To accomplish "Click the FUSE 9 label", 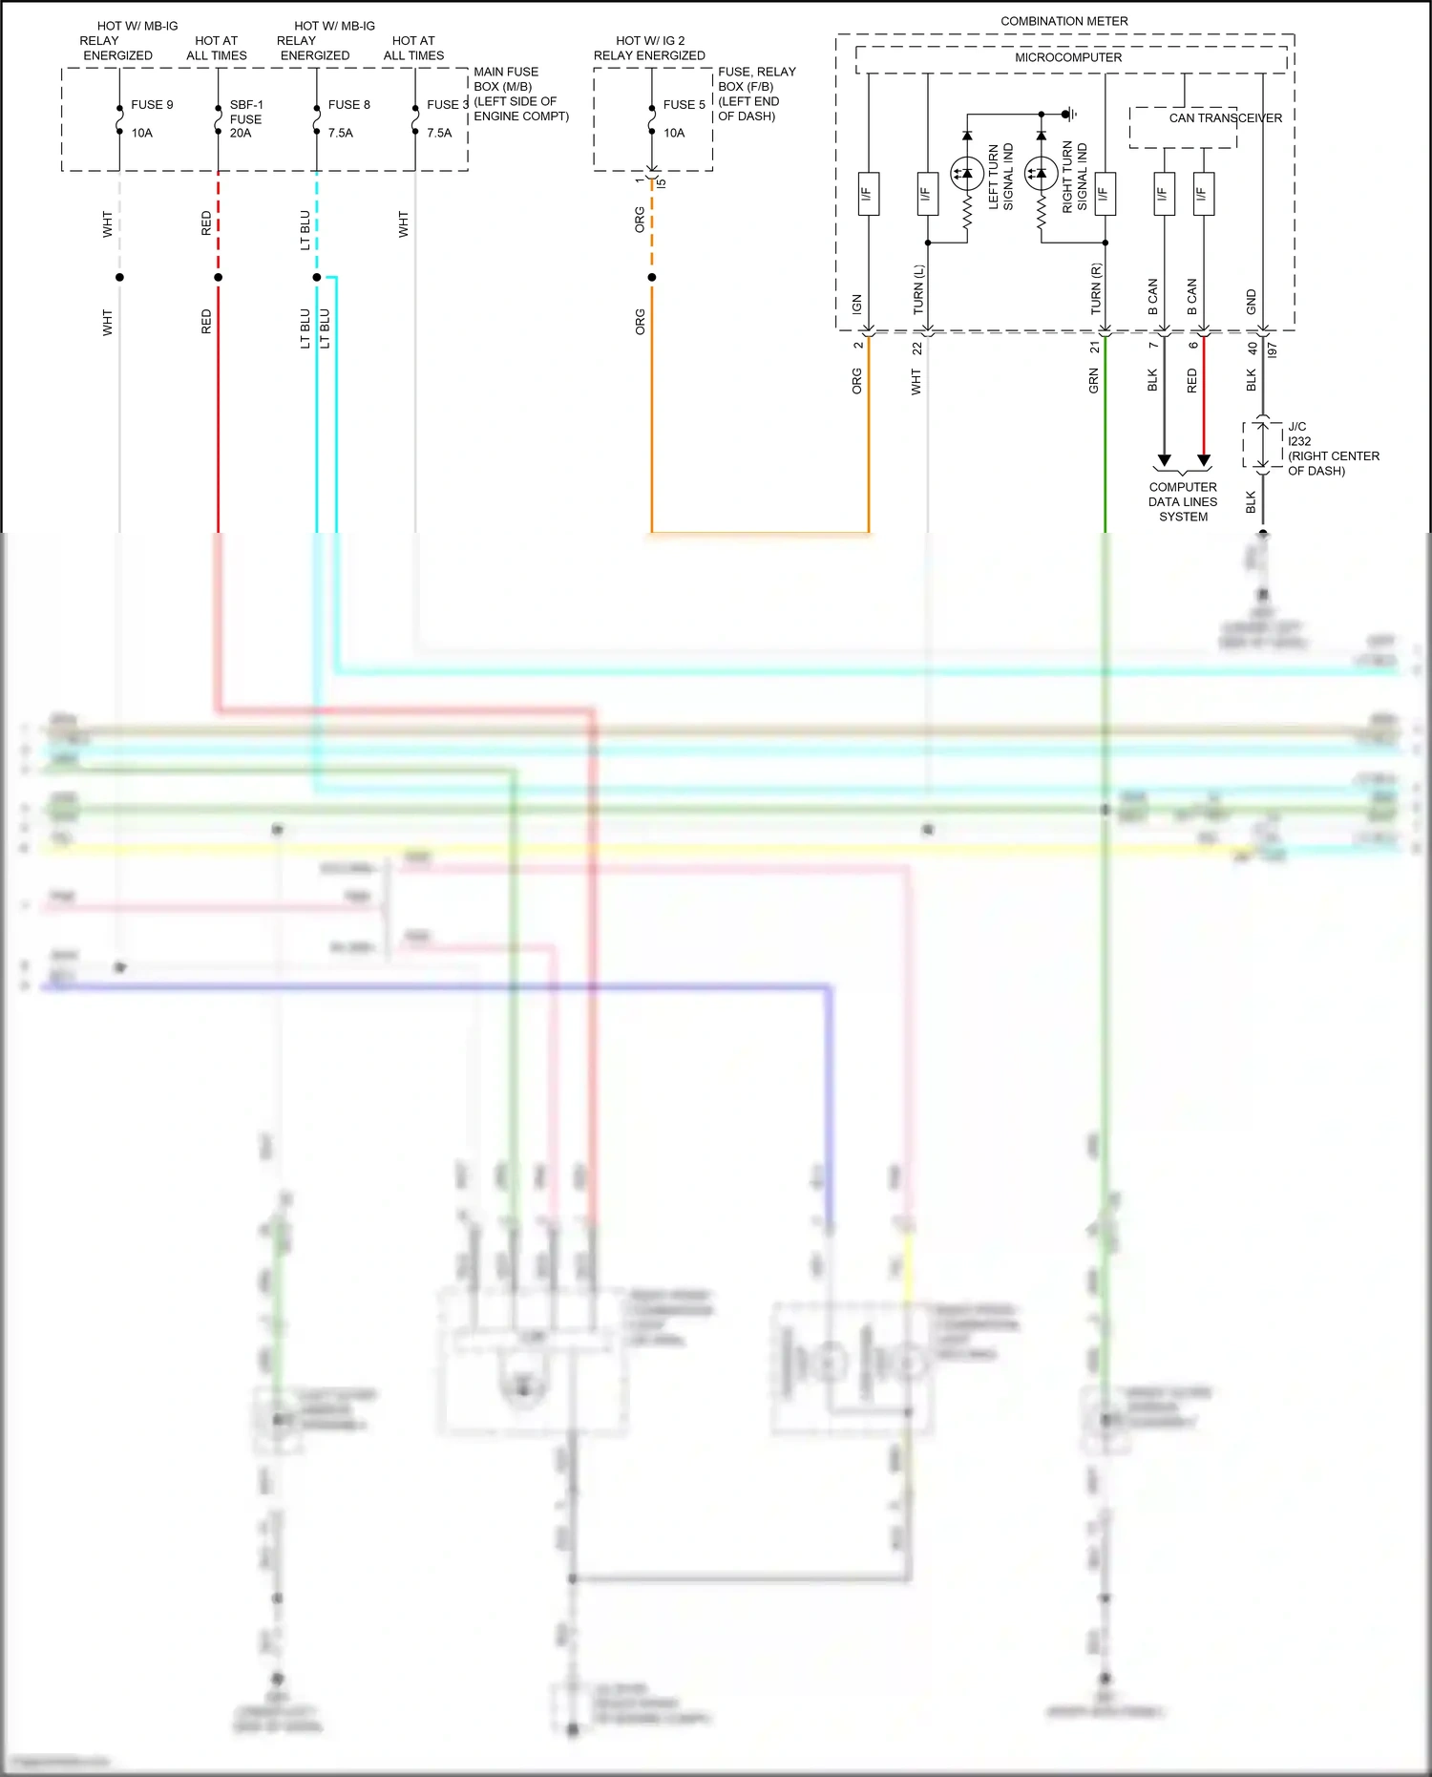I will pos(152,105).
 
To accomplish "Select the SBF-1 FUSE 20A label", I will pos(245,118).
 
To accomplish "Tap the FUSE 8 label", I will pos(348,105).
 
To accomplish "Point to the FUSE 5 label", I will pos(684,105).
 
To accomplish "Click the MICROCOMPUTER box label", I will pos(1067,57).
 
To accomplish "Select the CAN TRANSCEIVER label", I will pos(1225,118).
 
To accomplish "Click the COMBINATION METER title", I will pos(1063,21).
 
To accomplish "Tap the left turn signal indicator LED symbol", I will pos(967,174).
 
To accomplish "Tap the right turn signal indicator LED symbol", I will pos(1041,174).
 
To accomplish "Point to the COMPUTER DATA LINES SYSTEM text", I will pos(1183,501).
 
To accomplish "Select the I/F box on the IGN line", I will pos(868,194).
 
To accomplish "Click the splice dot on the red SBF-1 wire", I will pos(219,278).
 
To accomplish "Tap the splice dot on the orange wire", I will pos(652,278).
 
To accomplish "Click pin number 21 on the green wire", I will pos(1095,348).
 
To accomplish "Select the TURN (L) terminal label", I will pos(918,289).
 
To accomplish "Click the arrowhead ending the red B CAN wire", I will pos(1204,461).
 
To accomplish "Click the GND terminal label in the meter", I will pos(1252,302).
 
